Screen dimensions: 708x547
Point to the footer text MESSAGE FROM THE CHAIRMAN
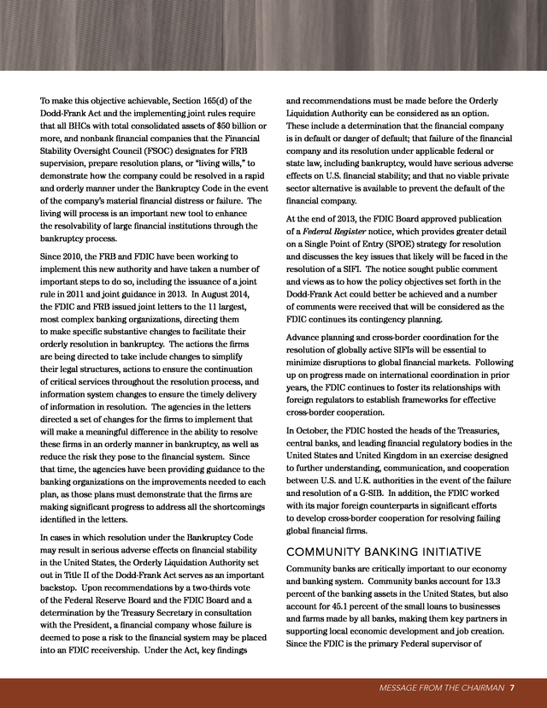443,687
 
